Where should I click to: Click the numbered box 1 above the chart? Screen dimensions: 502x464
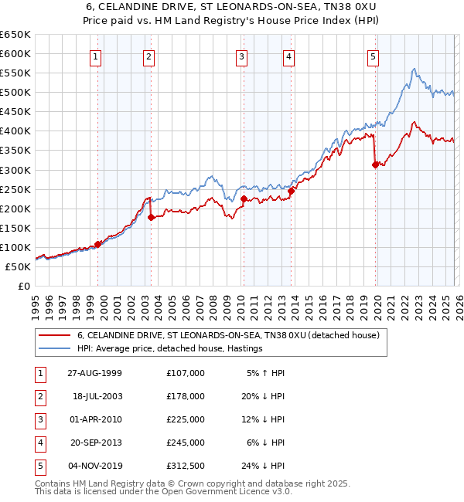96,56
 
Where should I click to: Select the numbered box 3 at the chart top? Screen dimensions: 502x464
241,56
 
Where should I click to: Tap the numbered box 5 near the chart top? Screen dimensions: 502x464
373,56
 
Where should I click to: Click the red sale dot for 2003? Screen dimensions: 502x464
152,218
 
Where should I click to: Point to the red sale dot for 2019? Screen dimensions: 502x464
375,165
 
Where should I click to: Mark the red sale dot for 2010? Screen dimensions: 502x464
244,199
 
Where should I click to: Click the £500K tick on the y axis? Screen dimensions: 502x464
15,93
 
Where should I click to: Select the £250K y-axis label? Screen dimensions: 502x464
15,189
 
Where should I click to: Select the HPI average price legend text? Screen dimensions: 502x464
170,349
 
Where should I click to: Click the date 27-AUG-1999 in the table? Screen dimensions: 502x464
94,373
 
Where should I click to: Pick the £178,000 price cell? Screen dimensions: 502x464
185,396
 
